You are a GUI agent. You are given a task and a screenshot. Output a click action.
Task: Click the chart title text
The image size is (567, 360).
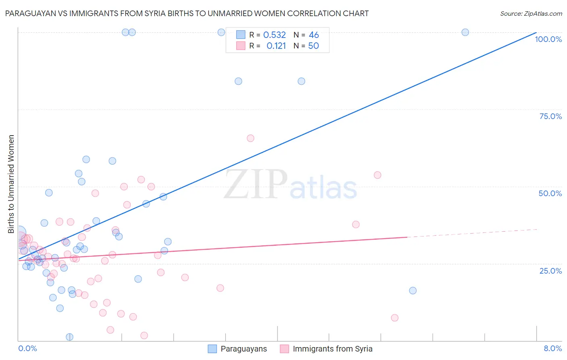tap(187, 14)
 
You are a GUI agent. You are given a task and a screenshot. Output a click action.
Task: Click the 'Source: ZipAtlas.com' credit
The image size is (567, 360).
tap(531, 14)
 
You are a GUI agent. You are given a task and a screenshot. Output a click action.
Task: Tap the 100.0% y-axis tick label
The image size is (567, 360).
tap(548, 39)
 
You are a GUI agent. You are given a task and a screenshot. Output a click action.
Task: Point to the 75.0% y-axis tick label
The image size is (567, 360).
tap(550, 116)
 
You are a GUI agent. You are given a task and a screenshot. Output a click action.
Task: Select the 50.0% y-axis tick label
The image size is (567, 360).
tap(550, 193)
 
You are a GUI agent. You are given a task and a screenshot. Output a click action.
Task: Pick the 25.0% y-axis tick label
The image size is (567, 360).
tap(550, 270)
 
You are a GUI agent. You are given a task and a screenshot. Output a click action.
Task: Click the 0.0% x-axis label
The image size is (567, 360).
tap(27, 348)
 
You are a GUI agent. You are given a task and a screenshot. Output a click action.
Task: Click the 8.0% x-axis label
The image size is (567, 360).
tap(552, 348)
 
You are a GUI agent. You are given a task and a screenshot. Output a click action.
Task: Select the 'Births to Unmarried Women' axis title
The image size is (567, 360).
tap(11, 184)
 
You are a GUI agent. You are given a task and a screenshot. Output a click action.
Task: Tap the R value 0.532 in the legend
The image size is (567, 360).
tap(274, 35)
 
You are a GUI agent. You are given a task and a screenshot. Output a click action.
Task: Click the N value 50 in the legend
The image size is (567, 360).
tap(313, 46)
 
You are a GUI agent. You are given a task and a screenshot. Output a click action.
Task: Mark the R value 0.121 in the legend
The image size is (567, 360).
tap(276, 46)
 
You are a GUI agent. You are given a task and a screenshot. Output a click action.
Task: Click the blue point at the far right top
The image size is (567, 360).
tap(465, 32)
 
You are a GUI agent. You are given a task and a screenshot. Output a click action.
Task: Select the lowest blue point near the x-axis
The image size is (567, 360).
tap(69, 337)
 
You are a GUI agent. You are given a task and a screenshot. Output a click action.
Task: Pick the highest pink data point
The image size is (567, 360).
tap(250, 138)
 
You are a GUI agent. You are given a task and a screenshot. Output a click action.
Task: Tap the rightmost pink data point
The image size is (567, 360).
tap(394, 318)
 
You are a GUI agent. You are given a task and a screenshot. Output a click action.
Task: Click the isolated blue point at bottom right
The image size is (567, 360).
tap(413, 291)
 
